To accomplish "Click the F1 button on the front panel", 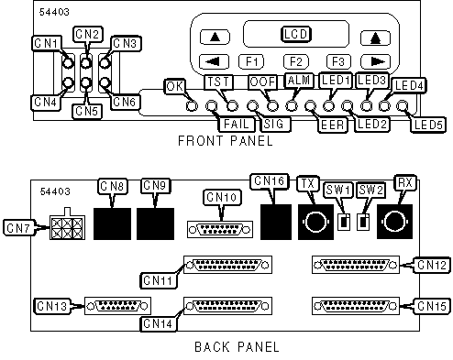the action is coord(251,61).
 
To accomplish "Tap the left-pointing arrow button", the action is coord(214,61).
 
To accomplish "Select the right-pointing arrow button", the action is coord(376,61).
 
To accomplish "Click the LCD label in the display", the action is coord(295,34).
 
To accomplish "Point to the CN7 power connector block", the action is coord(67,225).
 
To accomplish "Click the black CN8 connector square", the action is coord(112,224).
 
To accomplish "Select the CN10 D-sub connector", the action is coord(220,229).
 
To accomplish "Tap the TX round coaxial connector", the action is coord(315,222).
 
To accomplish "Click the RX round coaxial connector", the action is coord(394,222).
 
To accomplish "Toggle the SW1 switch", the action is coord(344,222).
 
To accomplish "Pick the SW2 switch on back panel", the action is coord(363,222).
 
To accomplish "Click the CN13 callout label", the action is coord(51,306).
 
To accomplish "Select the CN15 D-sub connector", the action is coord(356,306).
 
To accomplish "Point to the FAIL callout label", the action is coord(237,124).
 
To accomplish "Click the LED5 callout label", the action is coord(427,125).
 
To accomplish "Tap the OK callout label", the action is coord(175,86).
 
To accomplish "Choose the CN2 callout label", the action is coord(88,34).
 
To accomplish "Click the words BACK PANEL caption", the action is coord(237,347).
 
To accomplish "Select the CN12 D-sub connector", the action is coord(356,265).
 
